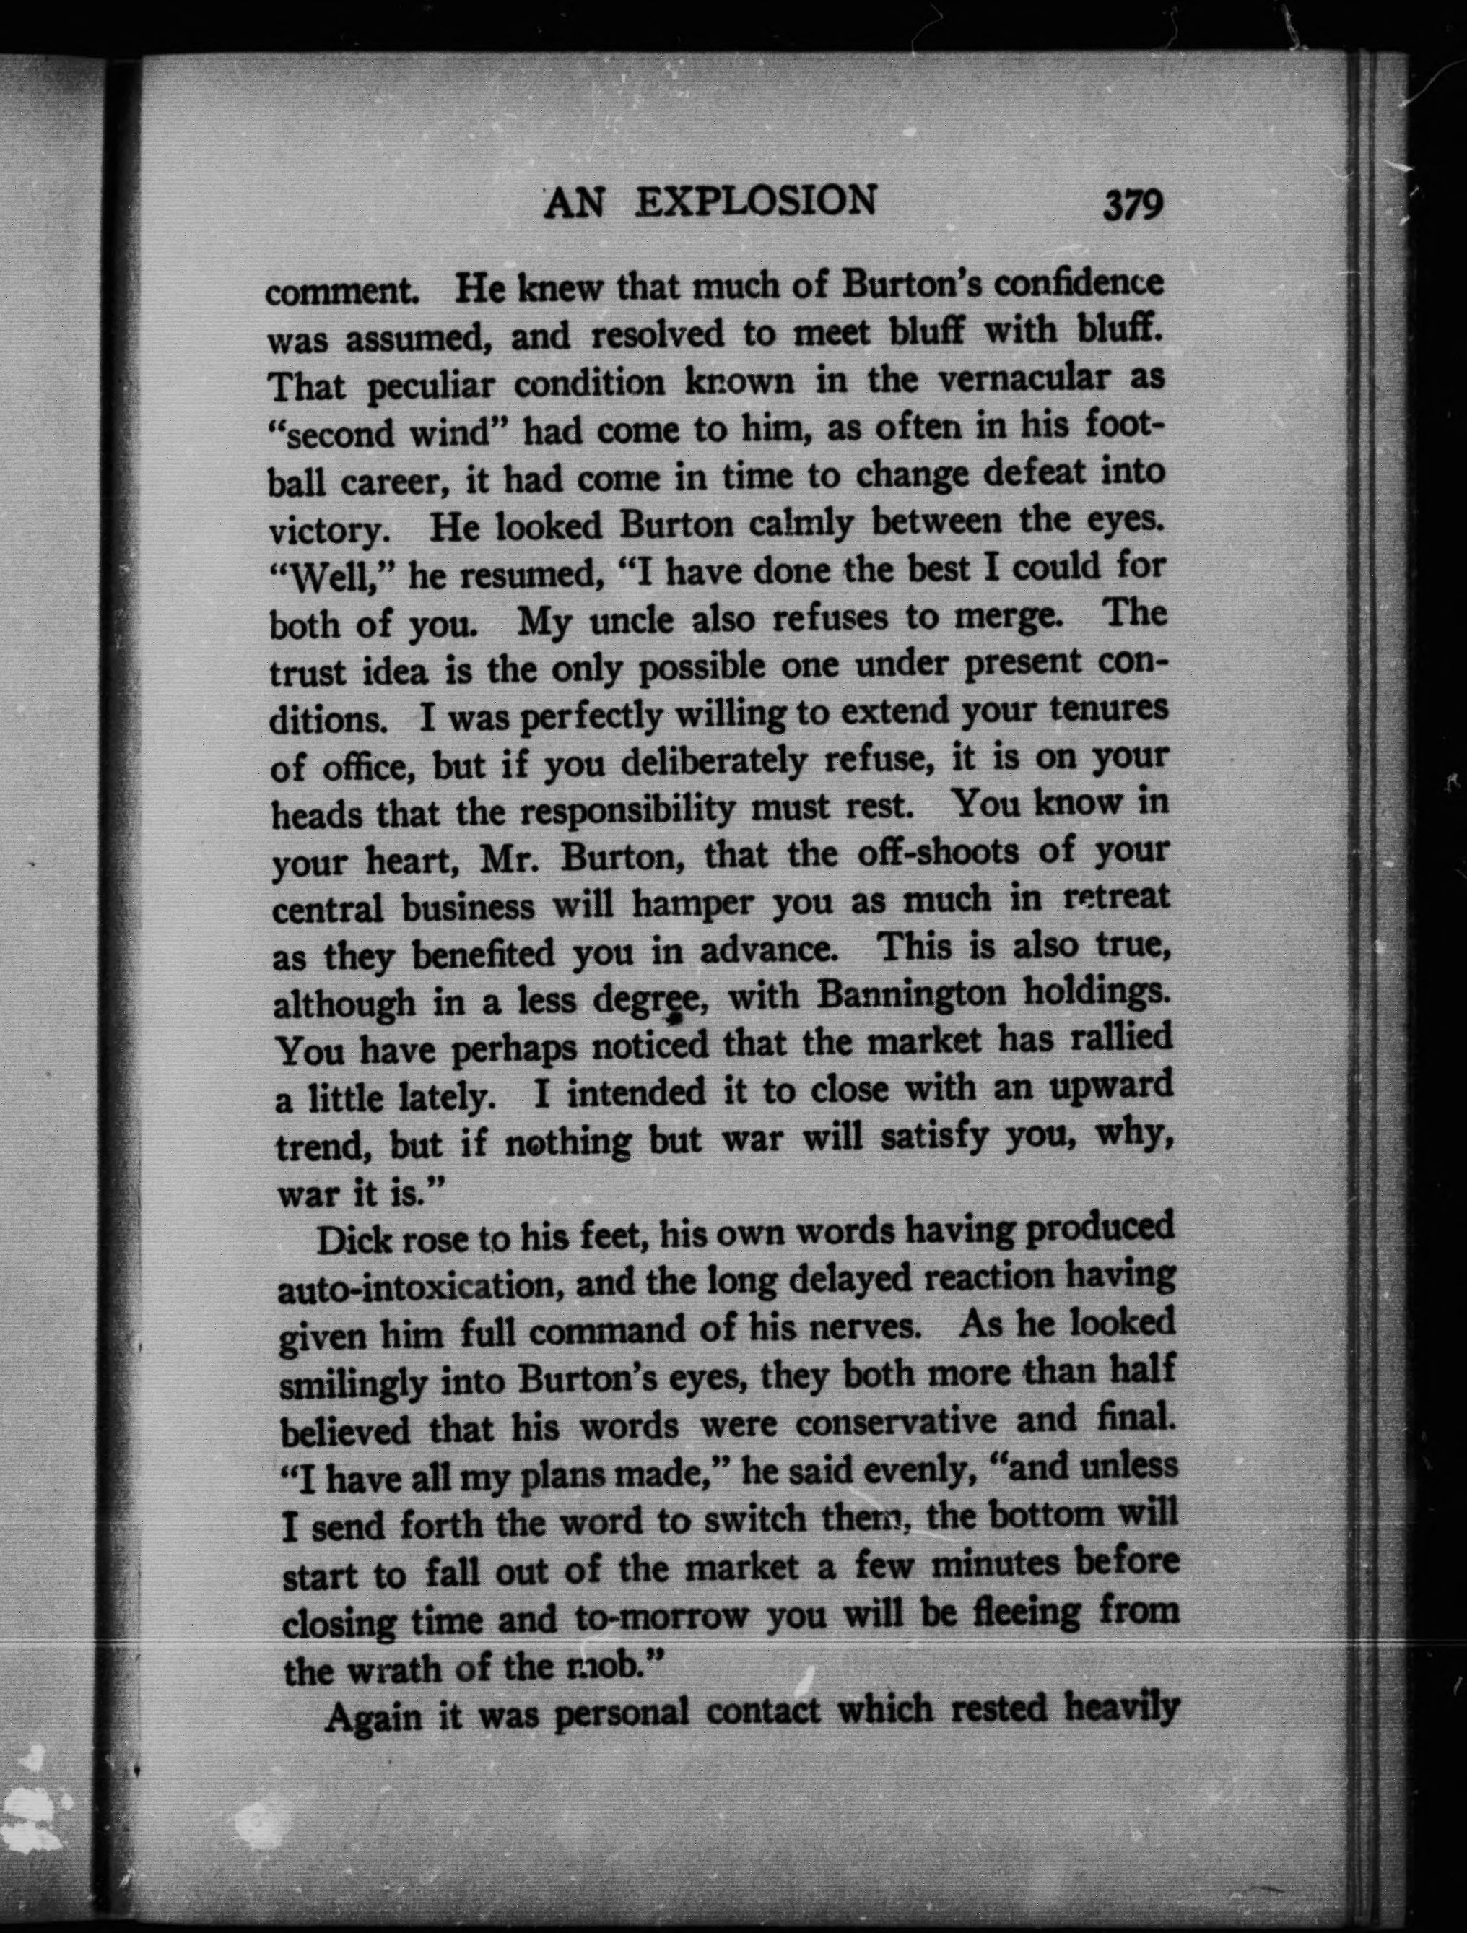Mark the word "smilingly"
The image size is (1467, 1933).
(x=354, y=1384)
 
